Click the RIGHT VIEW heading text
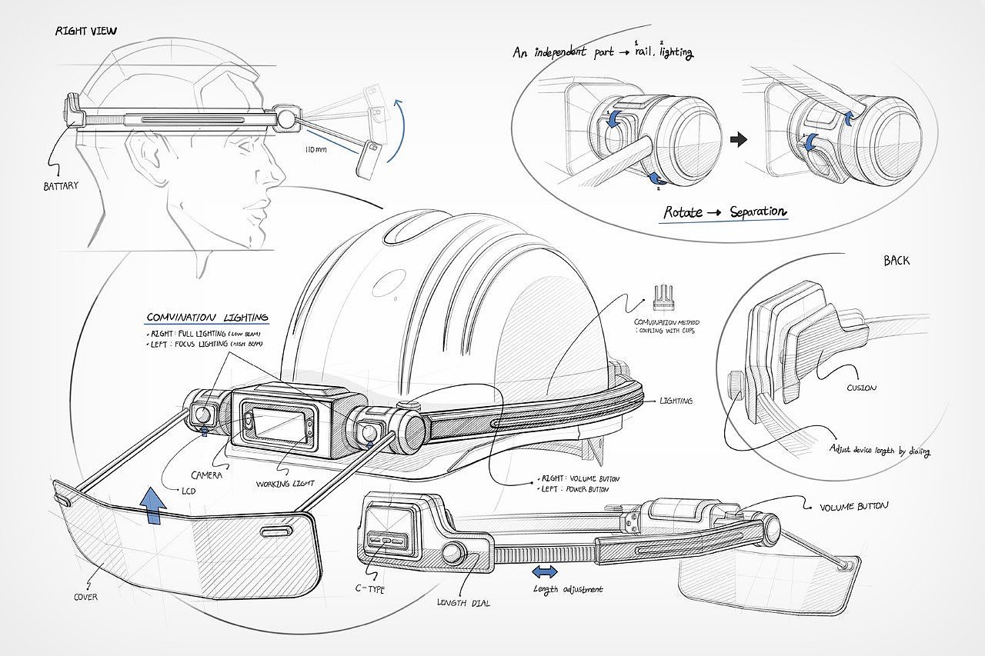[86, 32]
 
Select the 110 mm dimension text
[315, 149]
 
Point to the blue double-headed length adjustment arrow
[546, 572]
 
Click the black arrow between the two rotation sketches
[738, 139]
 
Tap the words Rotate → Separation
[723, 211]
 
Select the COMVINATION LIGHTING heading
[208, 317]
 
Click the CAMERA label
[207, 476]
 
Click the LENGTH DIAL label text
[463, 603]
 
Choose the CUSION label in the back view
[861, 388]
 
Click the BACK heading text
[897, 261]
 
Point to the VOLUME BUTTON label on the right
[853, 506]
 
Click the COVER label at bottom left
[85, 597]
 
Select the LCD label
[189, 490]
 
